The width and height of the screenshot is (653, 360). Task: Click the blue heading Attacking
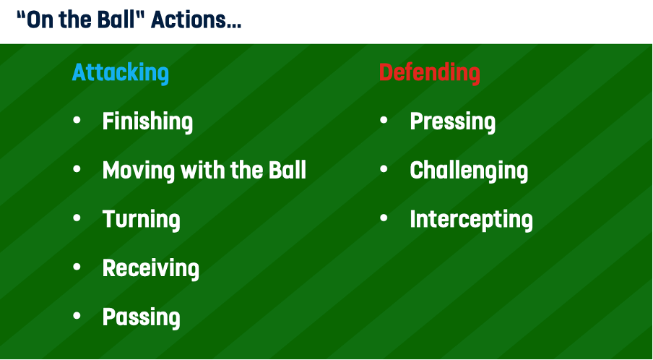tap(121, 73)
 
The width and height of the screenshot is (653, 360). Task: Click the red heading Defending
tap(429, 73)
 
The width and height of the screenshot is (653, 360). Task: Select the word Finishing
tap(147, 122)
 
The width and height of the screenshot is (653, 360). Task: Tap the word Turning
tap(141, 220)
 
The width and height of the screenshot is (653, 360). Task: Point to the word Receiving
tap(151, 268)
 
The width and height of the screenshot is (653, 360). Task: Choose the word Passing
tap(141, 317)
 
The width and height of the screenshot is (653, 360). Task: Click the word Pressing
tap(453, 122)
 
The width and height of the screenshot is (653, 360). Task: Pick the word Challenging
tap(469, 171)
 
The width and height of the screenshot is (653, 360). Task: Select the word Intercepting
tap(472, 220)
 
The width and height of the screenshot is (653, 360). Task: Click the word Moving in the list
tap(139, 171)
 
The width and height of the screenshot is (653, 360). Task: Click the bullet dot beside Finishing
tap(77, 120)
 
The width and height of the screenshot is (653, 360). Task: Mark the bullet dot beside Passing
tap(77, 315)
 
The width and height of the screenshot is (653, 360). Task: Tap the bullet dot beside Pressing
tap(384, 120)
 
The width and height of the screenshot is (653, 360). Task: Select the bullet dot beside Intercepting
tap(384, 218)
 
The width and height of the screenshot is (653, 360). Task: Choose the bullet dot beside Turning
tap(77, 218)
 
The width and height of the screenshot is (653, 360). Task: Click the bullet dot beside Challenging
tap(384, 168)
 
